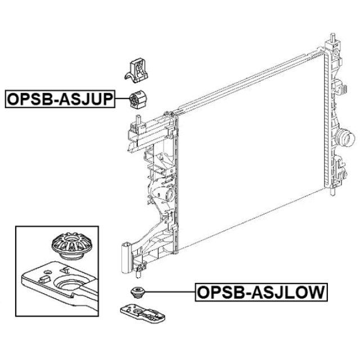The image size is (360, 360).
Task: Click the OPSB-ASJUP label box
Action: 60,99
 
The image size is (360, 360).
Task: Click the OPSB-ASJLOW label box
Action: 261,292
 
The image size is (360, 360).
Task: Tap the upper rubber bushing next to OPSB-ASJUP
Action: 138,100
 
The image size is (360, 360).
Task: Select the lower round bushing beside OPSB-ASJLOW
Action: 137,292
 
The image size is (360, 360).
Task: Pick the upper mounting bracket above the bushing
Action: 137,70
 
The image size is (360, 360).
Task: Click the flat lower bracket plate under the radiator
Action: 143,312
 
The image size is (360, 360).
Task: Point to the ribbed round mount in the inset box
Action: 72,246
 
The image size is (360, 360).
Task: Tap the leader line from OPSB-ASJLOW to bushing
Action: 170,292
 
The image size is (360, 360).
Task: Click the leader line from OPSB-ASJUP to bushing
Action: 123,99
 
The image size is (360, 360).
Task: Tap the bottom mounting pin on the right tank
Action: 333,191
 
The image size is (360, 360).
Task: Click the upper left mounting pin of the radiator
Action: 138,119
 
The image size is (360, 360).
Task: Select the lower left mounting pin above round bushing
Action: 138,274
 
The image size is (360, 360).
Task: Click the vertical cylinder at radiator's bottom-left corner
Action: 126,258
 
